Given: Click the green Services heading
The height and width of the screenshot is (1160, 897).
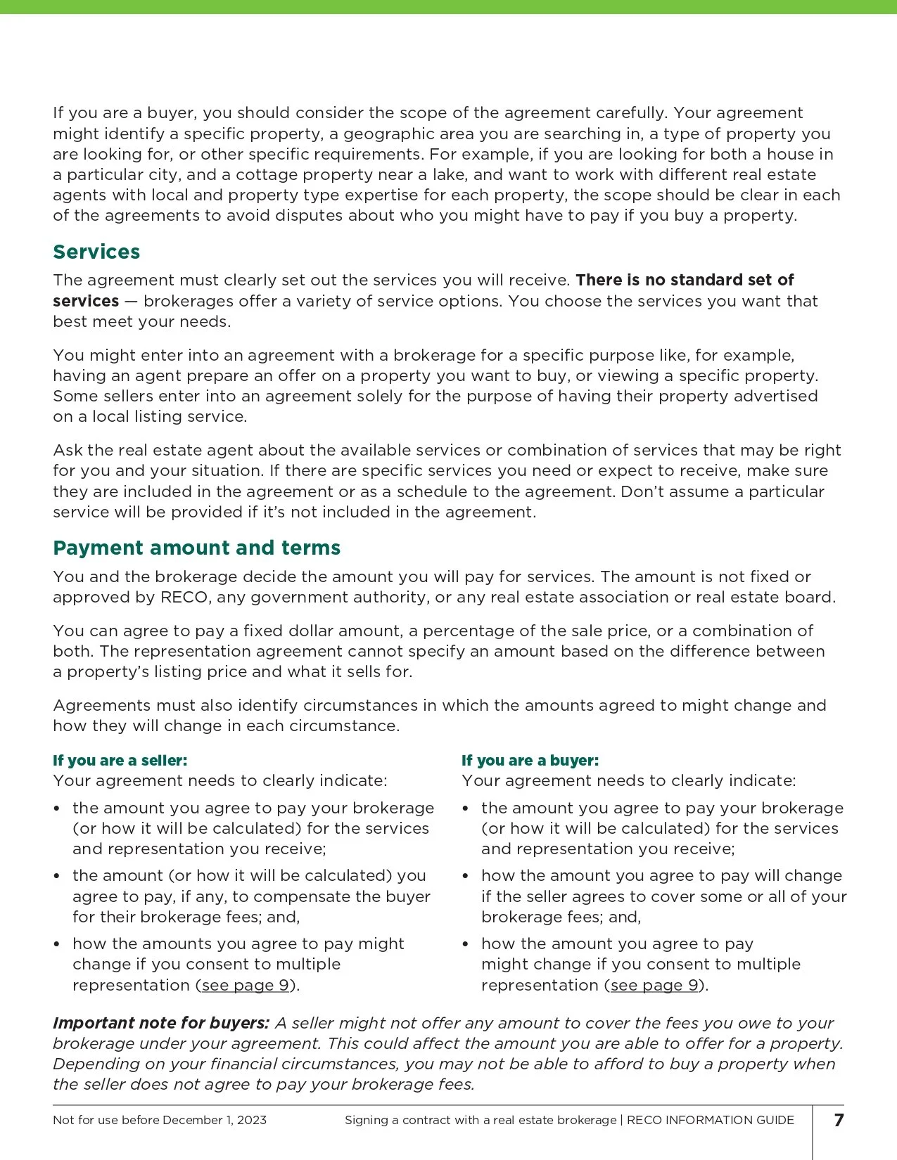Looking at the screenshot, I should pos(96,252).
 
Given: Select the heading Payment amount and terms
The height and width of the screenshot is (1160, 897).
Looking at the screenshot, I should pos(196,548).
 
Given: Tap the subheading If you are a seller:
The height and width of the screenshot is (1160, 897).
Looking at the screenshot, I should pos(120,760).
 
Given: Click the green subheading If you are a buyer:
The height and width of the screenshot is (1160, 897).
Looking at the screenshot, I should pos(530,760).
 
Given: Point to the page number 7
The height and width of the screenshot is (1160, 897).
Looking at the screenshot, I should pos(839,1120).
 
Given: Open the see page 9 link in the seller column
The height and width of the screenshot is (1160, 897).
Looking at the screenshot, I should pos(246,985).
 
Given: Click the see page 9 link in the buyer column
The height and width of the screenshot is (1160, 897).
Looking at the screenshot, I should pos(654,985).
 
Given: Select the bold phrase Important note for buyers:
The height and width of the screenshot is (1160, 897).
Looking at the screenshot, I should pos(161,1023).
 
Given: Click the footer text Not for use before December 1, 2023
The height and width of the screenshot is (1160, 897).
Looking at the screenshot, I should pos(160,1120).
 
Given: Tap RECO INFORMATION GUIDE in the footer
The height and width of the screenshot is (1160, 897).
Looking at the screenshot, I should pos(710,1120).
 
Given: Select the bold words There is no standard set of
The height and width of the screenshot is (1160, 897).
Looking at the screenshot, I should pos(685,280).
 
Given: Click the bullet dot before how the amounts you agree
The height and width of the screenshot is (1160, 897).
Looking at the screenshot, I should pos(57,944).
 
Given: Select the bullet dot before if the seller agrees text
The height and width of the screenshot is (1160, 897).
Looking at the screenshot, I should pos(466,876).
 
